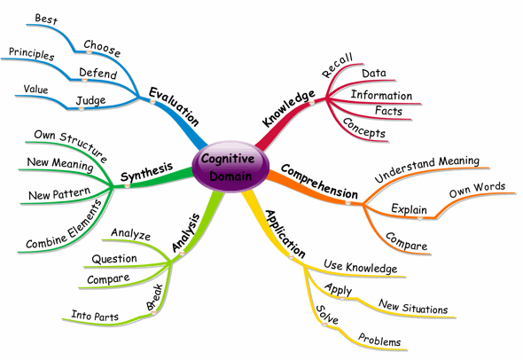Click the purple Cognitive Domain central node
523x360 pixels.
click(230, 167)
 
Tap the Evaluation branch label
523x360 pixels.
click(174, 106)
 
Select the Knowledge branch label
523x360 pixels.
click(288, 108)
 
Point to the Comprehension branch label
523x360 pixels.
click(319, 182)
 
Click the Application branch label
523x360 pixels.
click(285, 234)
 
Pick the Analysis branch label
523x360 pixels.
click(186, 232)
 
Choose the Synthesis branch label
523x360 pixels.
click(146, 171)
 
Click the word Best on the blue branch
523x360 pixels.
click(46, 19)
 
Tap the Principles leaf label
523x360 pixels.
click(31, 54)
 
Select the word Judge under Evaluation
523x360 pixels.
click(90, 100)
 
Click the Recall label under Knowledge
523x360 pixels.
click(337, 66)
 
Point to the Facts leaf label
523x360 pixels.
click(388, 111)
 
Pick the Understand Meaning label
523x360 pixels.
click(427, 168)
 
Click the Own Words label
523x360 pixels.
click(477, 190)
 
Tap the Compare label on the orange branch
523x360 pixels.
click(406, 241)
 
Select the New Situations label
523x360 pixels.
click(413, 307)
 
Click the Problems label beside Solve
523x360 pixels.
click(379, 340)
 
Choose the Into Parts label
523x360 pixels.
click(95, 316)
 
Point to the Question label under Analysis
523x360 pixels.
click(114, 259)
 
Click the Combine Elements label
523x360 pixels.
click(63, 224)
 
